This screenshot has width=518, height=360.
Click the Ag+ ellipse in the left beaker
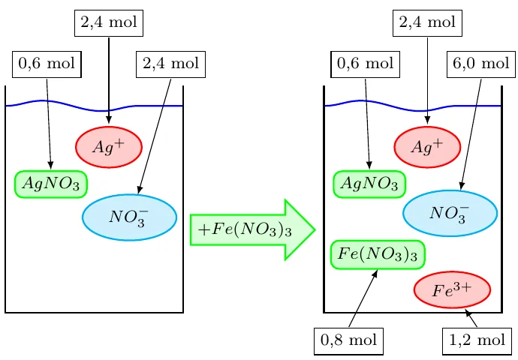point(109,147)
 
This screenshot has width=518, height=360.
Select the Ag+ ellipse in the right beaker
point(427,147)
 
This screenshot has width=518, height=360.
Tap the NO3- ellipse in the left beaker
point(129,217)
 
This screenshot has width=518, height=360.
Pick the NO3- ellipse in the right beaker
point(450,213)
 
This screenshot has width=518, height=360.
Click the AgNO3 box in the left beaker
point(51,184)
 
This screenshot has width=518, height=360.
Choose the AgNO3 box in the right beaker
point(369,184)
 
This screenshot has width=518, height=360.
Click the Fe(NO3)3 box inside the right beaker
point(378,255)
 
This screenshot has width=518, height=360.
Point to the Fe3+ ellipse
point(452,289)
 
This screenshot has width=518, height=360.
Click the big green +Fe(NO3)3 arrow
point(252,229)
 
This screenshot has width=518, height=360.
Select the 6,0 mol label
point(481,64)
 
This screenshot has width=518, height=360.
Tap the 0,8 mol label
point(348,341)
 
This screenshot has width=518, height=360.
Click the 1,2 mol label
point(477,341)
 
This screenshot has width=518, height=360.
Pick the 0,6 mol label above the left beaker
point(47,64)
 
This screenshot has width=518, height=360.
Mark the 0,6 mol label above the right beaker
point(365,64)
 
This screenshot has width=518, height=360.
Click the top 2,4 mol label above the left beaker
point(109,23)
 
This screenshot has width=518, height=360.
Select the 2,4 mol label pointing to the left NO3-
point(171,64)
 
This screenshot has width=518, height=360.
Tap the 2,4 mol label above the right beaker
point(427,23)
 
